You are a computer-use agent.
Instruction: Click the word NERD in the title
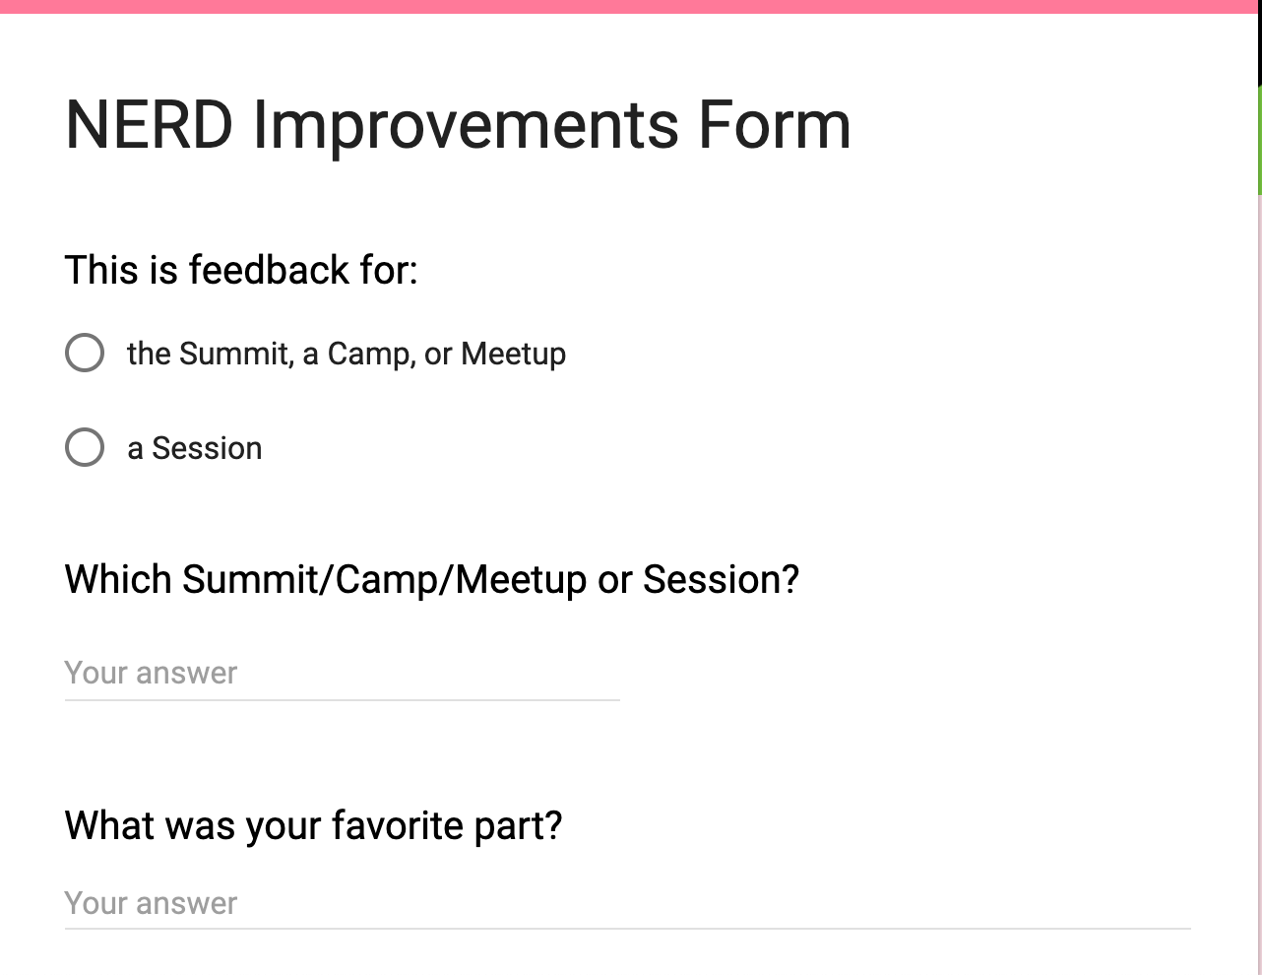tap(149, 125)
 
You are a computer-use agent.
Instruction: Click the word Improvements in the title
tap(466, 125)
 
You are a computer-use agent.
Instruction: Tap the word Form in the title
tap(775, 125)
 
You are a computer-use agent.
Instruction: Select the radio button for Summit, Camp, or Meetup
tap(85, 353)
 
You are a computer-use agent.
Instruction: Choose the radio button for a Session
tap(85, 447)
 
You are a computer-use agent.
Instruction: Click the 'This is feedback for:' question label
tap(241, 270)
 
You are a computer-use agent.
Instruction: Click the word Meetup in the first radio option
tap(513, 354)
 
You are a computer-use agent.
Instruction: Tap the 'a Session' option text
tap(195, 448)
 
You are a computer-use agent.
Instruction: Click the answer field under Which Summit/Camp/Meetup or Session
tap(342, 674)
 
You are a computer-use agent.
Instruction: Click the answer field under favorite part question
tap(627, 903)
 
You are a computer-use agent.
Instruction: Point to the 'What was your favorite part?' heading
tap(313, 825)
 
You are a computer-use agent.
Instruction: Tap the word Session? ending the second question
tap(721, 579)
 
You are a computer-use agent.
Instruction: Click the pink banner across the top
tap(630, 6)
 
